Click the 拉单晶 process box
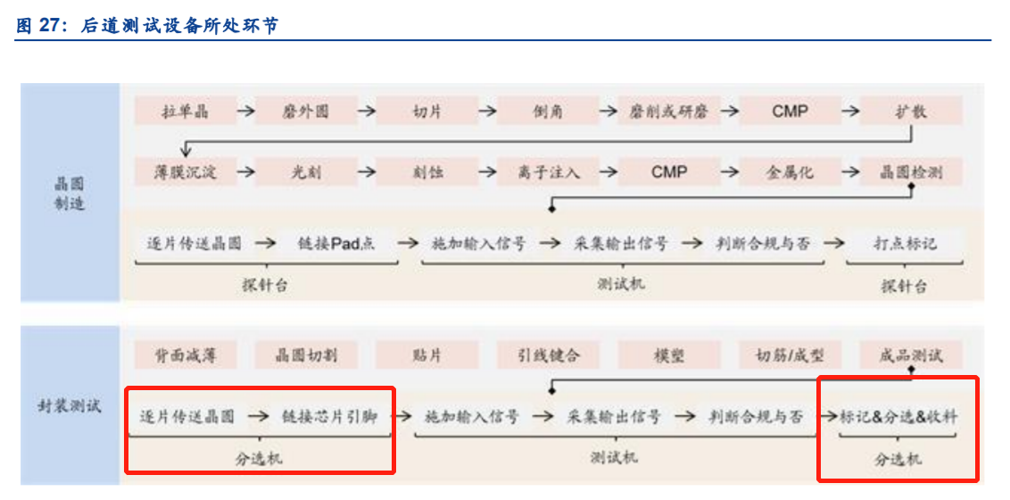[185, 112]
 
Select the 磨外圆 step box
[305, 112]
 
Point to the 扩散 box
[911, 112]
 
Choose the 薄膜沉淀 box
[185, 172]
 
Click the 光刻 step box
[305, 172]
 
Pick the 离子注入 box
[548, 172]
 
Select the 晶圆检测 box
[911, 172]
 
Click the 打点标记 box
[905, 243]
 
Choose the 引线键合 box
[548, 354]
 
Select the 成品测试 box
[911, 354]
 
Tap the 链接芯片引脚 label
[329, 417]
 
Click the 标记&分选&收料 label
[899, 417]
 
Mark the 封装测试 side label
[70, 406]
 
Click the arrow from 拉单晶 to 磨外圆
[244, 112]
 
